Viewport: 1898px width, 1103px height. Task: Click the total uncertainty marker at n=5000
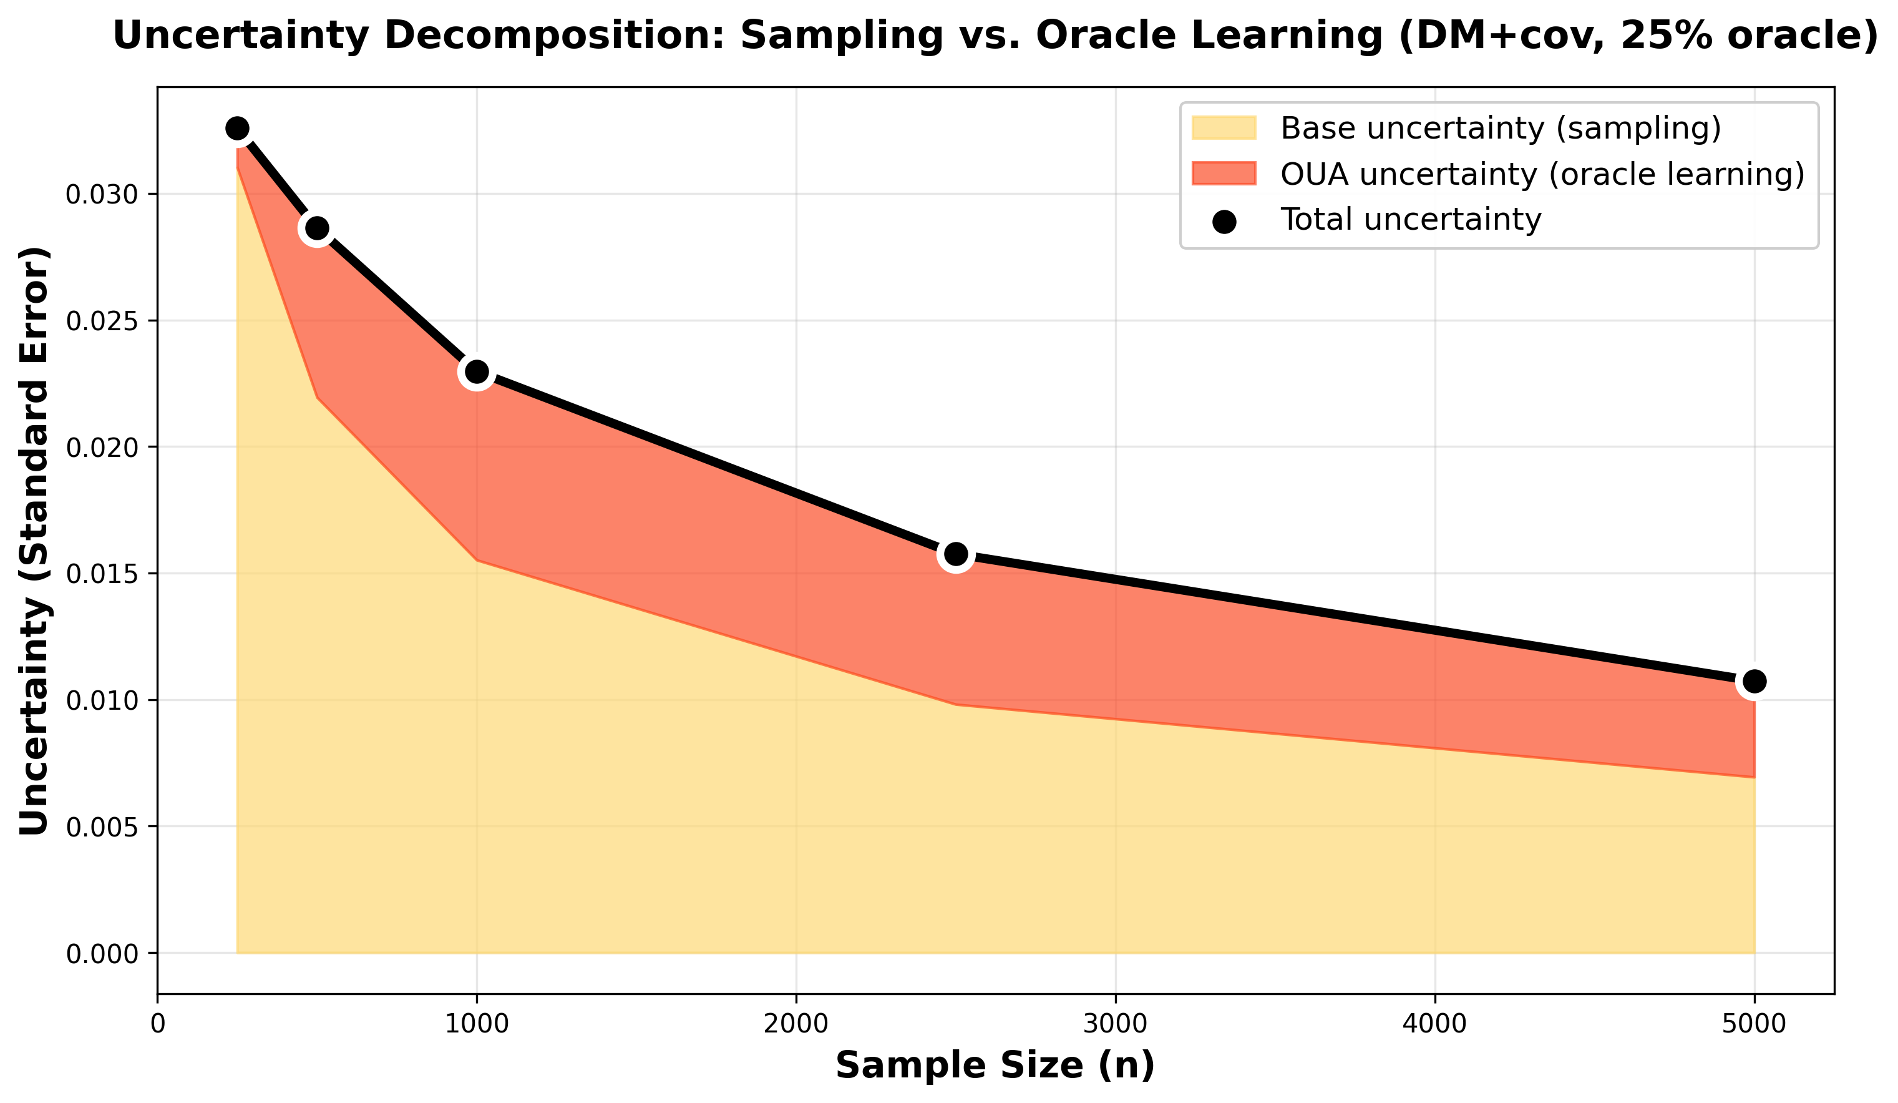pyautogui.click(x=1754, y=681)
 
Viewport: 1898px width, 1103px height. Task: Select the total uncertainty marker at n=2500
pyautogui.click(x=956, y=554)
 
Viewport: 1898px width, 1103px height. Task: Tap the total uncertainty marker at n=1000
pyautogui.click(x=476, y=371)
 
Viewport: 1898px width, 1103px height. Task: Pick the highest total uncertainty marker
pyautogui.click(x=237, y=129)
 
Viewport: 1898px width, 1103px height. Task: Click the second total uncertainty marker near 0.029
pyautogui.click(x=317, y=228)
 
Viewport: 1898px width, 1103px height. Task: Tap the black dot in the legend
pyautogui.click(x=1224, y=222)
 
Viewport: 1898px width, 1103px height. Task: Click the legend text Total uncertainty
pyautogui.click(x=1411, y=220)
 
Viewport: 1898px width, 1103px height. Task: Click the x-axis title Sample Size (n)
pyautogui.click(x=995, y=1066)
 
